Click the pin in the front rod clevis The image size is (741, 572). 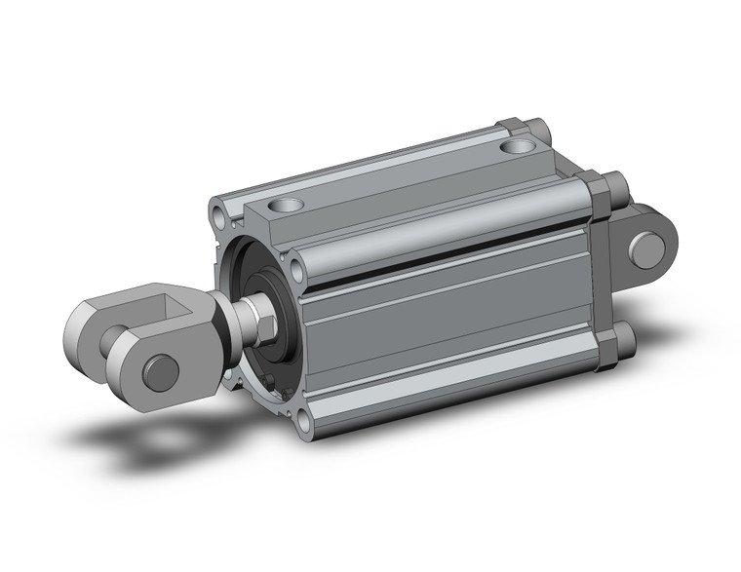pos(161,372)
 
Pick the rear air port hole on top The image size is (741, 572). pos(519,147)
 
